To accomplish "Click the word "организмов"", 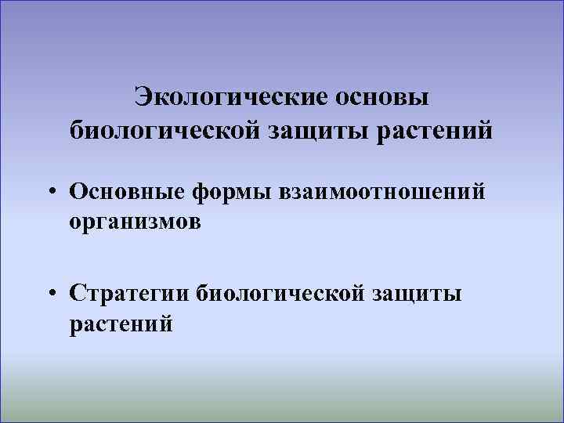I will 135,222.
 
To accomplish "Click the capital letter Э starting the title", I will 143,98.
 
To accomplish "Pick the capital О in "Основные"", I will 77,192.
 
